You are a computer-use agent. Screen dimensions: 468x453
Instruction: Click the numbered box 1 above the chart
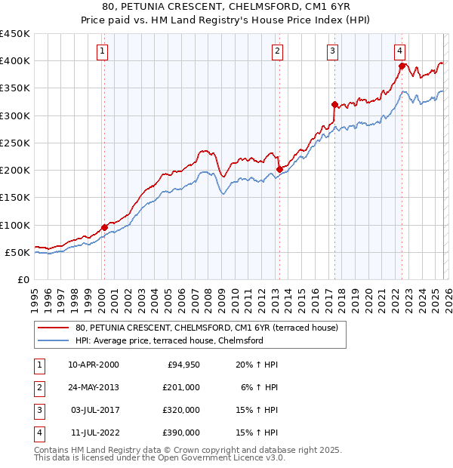[102, 51]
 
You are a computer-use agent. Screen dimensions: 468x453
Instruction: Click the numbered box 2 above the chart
[278, 51]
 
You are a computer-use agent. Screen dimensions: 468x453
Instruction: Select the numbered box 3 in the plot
[332, 51]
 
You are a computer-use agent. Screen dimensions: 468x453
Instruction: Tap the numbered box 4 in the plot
[399, 51]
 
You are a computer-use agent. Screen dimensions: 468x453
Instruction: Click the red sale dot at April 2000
[104, 227]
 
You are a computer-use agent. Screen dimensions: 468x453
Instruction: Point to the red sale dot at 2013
[279, 169]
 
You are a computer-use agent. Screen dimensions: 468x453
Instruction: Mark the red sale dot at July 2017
[334, 104]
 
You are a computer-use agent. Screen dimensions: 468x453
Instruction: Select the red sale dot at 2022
[402, 66]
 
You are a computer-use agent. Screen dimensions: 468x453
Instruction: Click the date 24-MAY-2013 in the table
[94, 386]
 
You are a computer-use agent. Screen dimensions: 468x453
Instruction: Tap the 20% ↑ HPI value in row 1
[256, 364]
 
